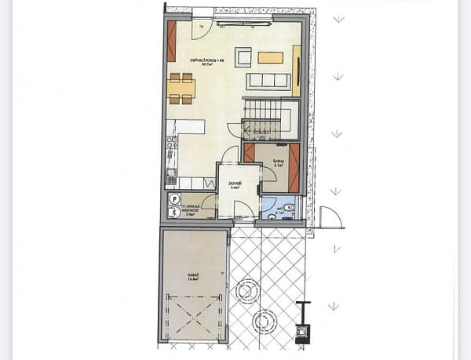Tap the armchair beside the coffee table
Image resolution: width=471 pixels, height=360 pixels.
[x=244, y=56]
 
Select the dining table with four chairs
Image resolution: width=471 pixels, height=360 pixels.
[x=181, y=88]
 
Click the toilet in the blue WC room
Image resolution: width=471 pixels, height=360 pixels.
[x=289, y=207]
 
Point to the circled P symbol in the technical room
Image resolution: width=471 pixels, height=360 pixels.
[x=174, y=199]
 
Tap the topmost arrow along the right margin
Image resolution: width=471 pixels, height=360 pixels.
[x=338, y=20]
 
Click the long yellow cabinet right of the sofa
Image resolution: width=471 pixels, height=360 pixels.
[x=297, y=71]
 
